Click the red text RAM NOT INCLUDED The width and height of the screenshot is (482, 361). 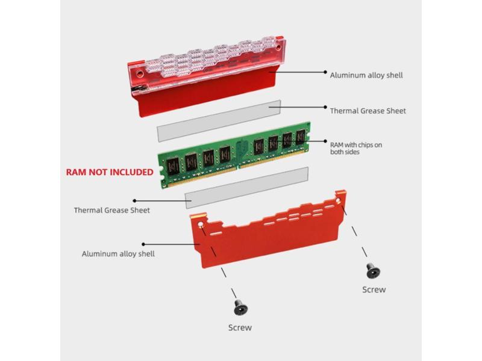click(110, 172)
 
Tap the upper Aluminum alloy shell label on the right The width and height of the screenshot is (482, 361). click(366, 75)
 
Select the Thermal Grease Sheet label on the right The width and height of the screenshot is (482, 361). click(368, 111)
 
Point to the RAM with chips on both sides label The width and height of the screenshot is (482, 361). click(355, 148)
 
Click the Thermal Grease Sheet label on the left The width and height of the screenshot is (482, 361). click(111, 211)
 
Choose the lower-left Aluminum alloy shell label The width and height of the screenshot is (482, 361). click(118, 253)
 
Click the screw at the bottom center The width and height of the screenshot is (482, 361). click(240, 307)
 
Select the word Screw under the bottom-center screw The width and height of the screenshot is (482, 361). click(240, 328)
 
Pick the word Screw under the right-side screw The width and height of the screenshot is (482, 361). click(374, 290)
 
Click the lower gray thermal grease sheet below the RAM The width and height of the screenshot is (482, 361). click(247, 187)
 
